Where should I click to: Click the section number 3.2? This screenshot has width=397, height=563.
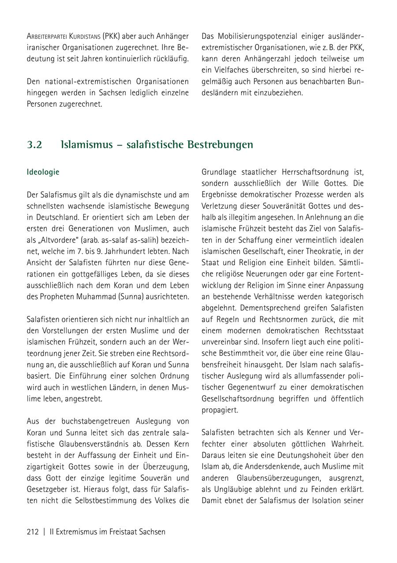pos(34,145)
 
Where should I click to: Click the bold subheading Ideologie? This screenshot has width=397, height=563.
pos(43,172)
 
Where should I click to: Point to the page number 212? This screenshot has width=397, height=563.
pos(33,532)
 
